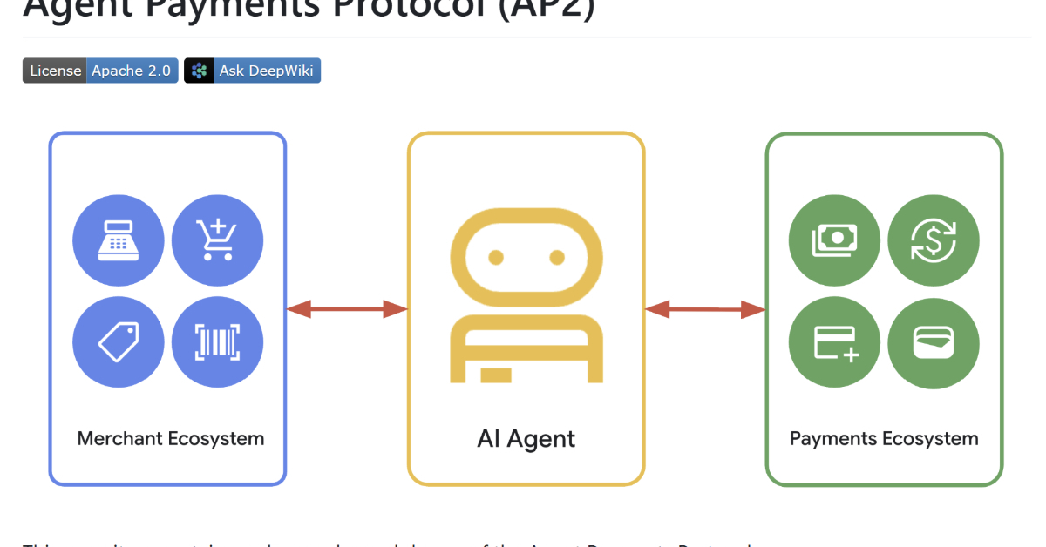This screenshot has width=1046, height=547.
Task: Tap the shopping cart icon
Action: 217,240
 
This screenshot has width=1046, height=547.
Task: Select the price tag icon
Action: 119,341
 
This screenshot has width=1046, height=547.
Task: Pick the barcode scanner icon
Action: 217,341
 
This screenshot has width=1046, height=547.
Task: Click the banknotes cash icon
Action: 834,240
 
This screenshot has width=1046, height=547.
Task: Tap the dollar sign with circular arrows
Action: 934,240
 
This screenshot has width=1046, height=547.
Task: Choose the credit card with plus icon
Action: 834,342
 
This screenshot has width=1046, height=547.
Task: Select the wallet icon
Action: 934,342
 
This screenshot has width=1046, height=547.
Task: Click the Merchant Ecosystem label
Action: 171,438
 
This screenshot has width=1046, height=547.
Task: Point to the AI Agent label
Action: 526,438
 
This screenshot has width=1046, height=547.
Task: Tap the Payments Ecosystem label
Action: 884,438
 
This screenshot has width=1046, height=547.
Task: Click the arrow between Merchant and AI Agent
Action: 347,308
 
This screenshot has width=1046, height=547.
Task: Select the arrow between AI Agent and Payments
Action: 705,308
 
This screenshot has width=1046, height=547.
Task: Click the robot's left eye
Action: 496,257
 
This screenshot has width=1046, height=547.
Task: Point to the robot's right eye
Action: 557,257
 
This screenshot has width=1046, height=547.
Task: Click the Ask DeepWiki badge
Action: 253,71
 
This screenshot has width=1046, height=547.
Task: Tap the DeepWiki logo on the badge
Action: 200,71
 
